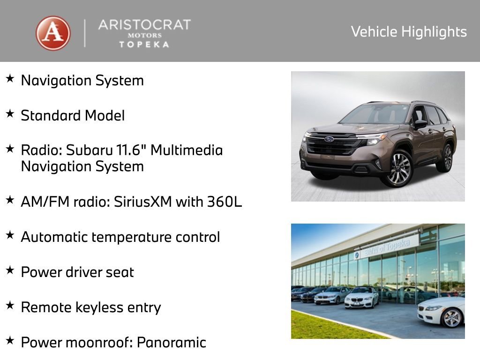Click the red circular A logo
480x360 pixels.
tap(53, 33)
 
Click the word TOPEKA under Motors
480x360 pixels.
tap(144, 45)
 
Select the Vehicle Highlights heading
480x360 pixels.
tap(409, 32)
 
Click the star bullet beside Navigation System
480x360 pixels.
tap(10, 78)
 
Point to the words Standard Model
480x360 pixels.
tap(73, 116)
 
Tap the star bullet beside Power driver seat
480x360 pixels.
tap(10, 270)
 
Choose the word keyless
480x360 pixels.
tap(104, 307)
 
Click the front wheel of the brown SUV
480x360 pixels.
tap(398, 169)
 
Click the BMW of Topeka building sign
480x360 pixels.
tap(385, 247)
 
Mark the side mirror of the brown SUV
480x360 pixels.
tap(420, 124)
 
